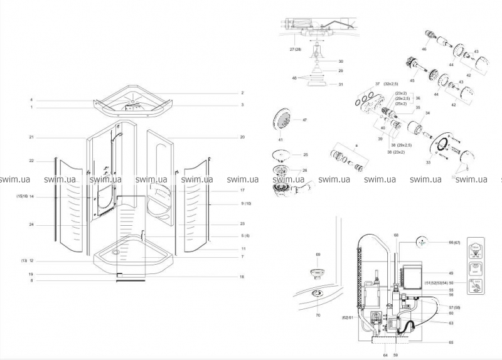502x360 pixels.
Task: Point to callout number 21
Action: (31, 137)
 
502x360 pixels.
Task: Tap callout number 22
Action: (31, 161)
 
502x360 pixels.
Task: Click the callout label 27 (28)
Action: (295, 49)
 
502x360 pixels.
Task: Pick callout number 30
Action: (341, 61)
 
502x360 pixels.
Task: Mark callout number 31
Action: (341, 84)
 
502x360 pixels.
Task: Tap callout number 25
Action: (306, 155)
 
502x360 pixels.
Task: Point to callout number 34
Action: (427, 114)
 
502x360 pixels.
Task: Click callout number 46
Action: (424, 48)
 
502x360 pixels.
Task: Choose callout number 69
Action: (318, 255)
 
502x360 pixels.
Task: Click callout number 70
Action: (318, 315)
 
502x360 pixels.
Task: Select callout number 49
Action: (451, 273)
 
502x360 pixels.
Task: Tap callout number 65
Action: (451, 343)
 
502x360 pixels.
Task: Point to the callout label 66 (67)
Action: (454, 241)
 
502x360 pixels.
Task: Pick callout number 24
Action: (31, 224)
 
